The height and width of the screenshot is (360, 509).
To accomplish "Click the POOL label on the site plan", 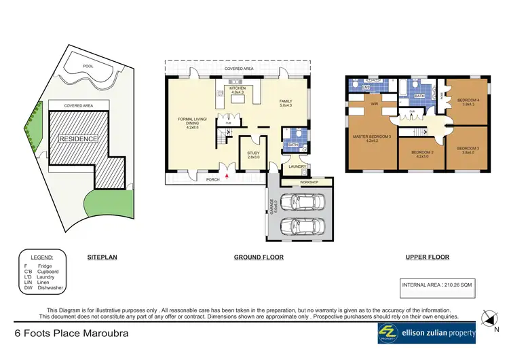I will pos(88,67).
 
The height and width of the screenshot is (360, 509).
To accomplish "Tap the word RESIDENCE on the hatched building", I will pos(78,139).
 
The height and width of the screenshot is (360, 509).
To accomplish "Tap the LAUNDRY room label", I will pos(297,166).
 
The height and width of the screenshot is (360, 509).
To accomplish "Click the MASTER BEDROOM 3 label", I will pos(369,139).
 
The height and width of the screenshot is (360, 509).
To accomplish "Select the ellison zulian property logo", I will pos(427,333).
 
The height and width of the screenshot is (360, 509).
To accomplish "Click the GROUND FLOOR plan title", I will pos(258,257).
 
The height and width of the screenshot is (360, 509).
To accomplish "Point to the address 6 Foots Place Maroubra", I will pos(71,334).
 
